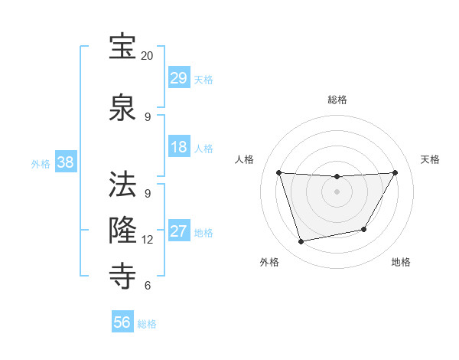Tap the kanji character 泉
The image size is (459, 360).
pos(122,106)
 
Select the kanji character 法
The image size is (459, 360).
pos(122,184)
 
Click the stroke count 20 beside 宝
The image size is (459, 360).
pos(148,55)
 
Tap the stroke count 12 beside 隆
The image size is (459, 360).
pos(148,239)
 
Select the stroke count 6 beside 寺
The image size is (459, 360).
pos(148,285)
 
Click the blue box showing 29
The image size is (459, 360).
pos(179,78)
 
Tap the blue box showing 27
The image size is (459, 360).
pos(179,231)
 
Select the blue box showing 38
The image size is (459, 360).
pos(65,162)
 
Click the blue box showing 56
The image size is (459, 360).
pos(122,322)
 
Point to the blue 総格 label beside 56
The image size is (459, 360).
pos(147,324)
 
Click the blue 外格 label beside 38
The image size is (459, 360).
pos(41,163)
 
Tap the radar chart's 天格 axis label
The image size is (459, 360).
pos(430,159)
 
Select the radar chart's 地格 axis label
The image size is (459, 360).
pos(401,262)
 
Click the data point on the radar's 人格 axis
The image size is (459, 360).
pos(278,172)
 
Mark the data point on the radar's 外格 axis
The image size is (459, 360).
pos(301,242)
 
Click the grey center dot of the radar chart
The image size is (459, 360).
pos(337,191)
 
